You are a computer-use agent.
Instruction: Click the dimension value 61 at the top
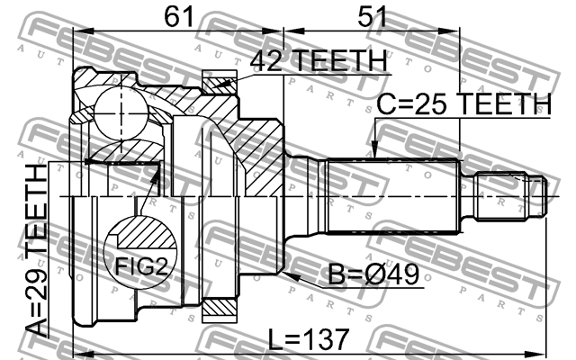click(178, 15)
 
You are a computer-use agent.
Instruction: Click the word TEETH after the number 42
click(340, 61)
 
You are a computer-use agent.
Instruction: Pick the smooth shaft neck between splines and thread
click(467, 195)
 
